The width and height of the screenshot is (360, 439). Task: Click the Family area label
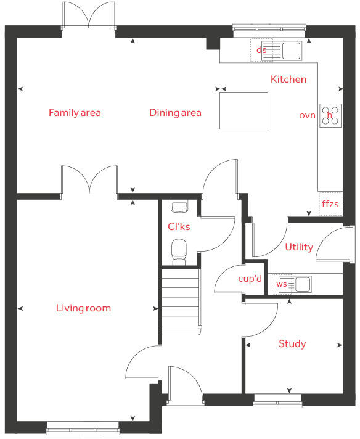point(75,112)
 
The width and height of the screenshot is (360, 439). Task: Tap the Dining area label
point(175,112)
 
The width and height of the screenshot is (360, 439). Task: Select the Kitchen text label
point(288,79)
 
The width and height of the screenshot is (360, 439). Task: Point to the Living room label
point(83,308)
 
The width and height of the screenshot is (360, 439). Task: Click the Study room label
point(292,343)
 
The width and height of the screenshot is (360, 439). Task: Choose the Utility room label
point(298,247)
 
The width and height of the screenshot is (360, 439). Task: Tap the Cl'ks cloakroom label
point(179,226)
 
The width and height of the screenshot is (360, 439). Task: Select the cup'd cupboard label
point(250,279)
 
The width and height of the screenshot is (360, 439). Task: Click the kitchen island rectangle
point(243,111)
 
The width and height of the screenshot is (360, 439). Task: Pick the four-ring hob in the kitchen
point(330,115)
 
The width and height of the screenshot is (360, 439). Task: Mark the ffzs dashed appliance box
point(330,203)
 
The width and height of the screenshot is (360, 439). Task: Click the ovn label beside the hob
point(307,115)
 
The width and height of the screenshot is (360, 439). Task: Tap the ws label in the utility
point(282,284)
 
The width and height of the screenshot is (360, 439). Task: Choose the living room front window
point(83,426)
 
